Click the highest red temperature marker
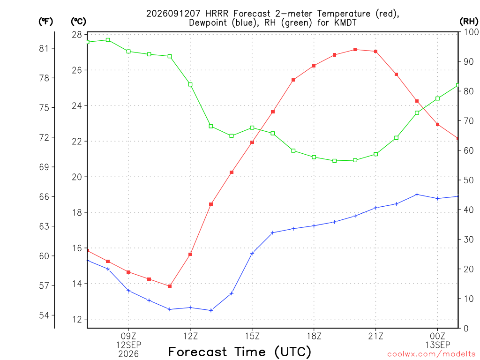pos(355,50)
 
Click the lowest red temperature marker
pos(170,286)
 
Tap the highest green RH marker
pos(108,40)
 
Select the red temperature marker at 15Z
pos(252,142)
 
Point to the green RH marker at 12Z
pos(190,84)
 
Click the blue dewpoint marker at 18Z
pos(314,226)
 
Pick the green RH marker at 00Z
pos(437,98)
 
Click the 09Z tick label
pos(128,336)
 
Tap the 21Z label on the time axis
pos(375,336)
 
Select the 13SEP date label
pos(437,345)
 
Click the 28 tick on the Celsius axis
pos(77,35)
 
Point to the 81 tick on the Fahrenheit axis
pos(44,48)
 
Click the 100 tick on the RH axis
pos(472,32)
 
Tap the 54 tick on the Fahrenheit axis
pos(44,315)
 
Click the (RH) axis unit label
pos(469,21)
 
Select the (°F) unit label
pos(45,22)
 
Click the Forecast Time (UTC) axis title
pos(240,352)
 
